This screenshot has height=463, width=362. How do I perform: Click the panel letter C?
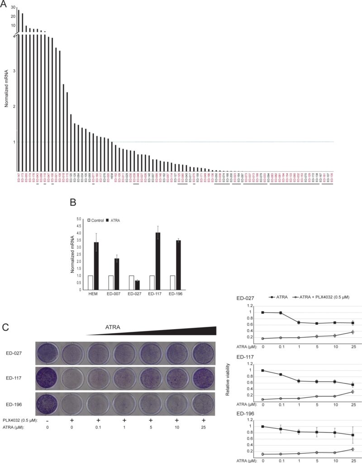(5, 326)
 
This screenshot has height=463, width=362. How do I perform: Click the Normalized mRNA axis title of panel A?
(7, 91)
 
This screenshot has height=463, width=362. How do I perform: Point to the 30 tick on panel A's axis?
(14, 8)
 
